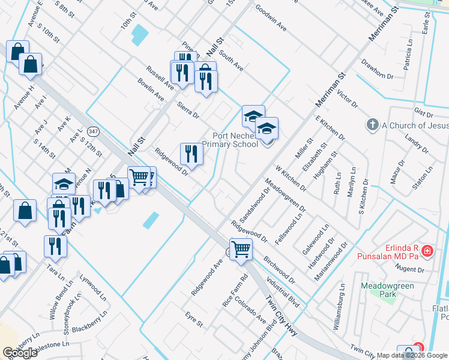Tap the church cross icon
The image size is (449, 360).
click(x=372, y=125)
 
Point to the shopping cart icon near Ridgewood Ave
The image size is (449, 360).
click(x=241, y=248)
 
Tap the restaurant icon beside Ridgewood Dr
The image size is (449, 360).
click(x=191, y=154)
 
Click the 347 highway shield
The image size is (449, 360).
click(x=92, y=131)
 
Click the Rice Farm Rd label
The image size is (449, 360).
click(x=235, y=291)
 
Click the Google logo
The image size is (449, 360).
click(x=20, y=353)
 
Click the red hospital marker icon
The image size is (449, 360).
click(x=427, y=251)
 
